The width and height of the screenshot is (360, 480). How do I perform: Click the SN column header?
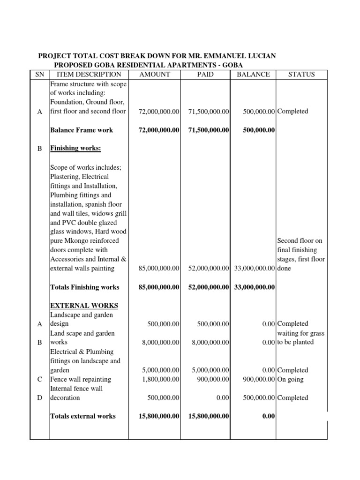(39, 74)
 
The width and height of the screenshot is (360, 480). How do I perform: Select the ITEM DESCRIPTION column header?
(89, 74)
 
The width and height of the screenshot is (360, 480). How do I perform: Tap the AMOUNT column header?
(155, 74)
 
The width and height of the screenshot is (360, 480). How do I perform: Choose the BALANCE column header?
(253, 74)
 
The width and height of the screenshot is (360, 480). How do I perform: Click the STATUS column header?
(301, 74)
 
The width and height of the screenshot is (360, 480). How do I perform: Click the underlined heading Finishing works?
(75, 148)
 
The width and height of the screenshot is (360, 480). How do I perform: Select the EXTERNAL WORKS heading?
(84, 306)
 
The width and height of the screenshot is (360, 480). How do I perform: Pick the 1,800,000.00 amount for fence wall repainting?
(160, 379)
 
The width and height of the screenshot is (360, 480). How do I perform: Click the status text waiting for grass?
(301, 333)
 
